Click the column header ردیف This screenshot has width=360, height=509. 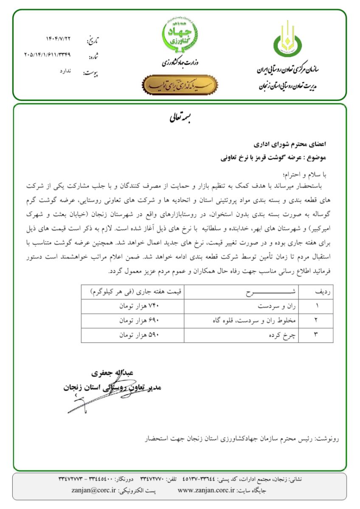point(322,292)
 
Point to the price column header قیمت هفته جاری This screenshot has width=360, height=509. point(133,292)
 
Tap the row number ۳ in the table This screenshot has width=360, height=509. point(316,335)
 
